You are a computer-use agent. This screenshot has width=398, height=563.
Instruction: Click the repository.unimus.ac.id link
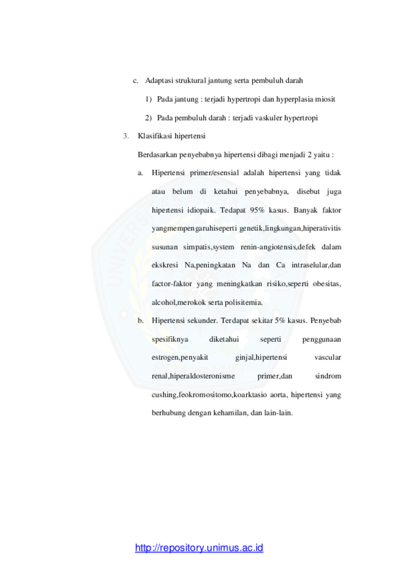[x=199, y=548]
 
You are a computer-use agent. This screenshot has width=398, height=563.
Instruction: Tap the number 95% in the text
[x=257, y=210]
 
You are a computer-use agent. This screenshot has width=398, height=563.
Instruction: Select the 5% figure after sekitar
[x=280, y=320]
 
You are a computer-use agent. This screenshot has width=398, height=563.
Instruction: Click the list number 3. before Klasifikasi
[x=126, y=136]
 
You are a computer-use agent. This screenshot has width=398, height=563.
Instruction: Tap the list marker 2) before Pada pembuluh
[x=148, y=118]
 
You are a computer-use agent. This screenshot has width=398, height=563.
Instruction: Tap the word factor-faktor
[x=172, y=284]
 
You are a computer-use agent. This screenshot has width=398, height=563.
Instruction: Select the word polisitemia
[x=244, y=302]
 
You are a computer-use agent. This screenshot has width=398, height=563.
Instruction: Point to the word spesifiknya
[x=170, y=339]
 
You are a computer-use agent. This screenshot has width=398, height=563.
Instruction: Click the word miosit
[x=325, y=99]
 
